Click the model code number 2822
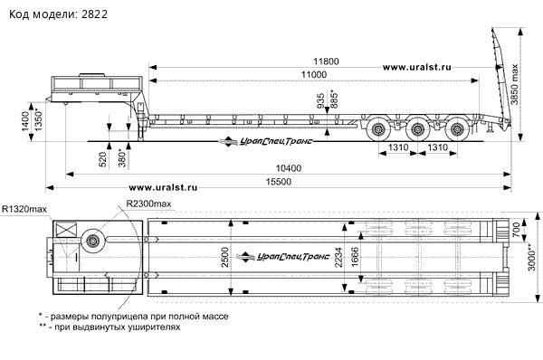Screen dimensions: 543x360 [94, 14]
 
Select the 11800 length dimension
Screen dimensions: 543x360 [326, 62]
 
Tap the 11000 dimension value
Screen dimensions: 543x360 [313, 74]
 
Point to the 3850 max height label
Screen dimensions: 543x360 [515, 84]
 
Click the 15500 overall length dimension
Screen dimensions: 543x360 [279, 182]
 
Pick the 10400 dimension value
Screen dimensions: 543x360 [289, 168]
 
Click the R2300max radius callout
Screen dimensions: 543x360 [148, 204]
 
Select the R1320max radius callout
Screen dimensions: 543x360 [24, 209]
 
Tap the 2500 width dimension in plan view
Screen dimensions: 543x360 [225, 257]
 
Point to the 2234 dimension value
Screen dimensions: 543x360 [338, 257]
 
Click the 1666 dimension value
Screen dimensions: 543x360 [355, 257]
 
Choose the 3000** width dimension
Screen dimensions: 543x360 [531, 256]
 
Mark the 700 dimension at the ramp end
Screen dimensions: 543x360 [516, 230]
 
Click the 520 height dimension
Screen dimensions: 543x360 [103, 159]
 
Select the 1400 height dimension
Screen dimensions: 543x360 [25, 121]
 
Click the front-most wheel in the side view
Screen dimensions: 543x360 [378, 130]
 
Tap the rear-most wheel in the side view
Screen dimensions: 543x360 [457, 130]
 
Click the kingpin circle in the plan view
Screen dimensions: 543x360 [93, 241]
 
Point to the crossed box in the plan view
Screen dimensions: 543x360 [66, 230]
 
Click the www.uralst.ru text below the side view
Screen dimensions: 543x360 [163, 187]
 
